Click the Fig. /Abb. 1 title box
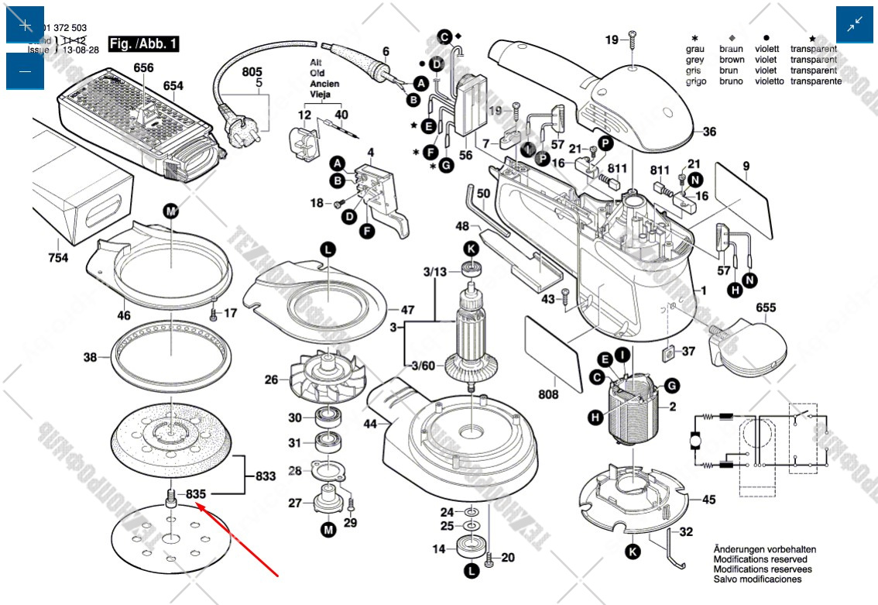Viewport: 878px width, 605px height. click(143, 43)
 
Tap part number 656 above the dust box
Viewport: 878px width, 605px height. click(143, 68)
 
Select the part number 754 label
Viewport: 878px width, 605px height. click(57, 256)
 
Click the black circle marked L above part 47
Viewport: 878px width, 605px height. click(328, 249)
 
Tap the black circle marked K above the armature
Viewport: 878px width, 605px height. click(471, 248)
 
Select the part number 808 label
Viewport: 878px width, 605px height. click(547, 395)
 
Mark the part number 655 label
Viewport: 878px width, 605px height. click(765, 308)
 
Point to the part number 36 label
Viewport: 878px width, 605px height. click(709, 132)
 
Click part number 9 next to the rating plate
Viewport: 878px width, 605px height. click(746, 165)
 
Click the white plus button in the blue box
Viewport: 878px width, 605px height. click(25, 25)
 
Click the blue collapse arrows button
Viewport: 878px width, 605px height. click(855, 25)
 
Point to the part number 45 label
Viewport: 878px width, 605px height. click(708, 500)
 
